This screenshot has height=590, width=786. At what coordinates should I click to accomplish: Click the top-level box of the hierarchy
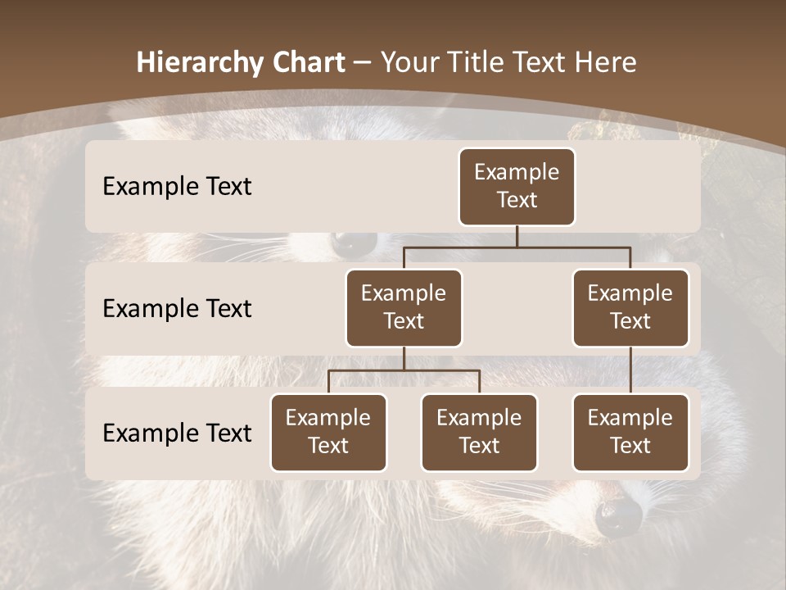[517, 186]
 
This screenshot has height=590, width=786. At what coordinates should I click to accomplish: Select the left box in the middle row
[404, 307]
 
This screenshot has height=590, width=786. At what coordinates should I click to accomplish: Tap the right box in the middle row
[630, 307]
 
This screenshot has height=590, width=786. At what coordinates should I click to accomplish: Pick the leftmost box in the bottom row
[328, 432]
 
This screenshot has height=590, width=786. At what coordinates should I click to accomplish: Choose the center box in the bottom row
[479, 432]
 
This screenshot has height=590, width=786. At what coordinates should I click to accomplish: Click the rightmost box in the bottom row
[630, 432]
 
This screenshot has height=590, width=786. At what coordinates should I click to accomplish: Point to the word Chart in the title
[309, 63]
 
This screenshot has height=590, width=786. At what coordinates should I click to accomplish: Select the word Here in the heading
[607, 63]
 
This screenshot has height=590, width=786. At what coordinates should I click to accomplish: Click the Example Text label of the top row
[177, 186]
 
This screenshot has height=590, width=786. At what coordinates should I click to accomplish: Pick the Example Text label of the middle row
[177, 308]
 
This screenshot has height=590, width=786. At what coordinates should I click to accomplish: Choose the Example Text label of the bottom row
[177, 433]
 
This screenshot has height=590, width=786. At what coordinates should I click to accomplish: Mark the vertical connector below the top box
[517, 236]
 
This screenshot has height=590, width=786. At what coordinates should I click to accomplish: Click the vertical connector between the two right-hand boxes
[630, 370]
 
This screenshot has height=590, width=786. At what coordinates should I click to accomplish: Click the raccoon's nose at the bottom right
[618, 516]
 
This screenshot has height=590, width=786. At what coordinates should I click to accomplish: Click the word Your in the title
[408, 63]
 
